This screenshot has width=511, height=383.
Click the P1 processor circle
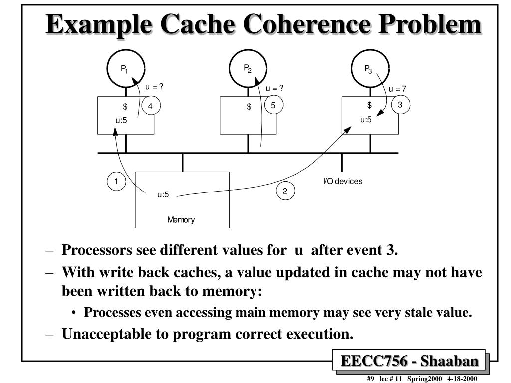tap(126, 69)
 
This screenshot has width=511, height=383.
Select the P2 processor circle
tap(248, 68)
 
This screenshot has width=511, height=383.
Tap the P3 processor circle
tap(370, 69)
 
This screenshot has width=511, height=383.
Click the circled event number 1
tap(116, 181)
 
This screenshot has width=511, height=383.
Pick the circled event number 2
tap(285, 191)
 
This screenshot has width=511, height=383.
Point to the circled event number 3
tap(400, 105)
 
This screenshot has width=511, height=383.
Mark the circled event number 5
tap(273, 105)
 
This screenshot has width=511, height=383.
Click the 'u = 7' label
tap(398, 89)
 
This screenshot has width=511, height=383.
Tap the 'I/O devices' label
tap(342, 181)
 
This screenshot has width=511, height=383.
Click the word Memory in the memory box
tap(181, 220)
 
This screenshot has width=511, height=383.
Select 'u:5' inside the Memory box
tap(163, 194)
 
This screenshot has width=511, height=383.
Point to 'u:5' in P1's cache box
tap(122, 119)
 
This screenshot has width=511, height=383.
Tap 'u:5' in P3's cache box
tap(366, 119)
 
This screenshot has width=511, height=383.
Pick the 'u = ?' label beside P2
tap(274, 88)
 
